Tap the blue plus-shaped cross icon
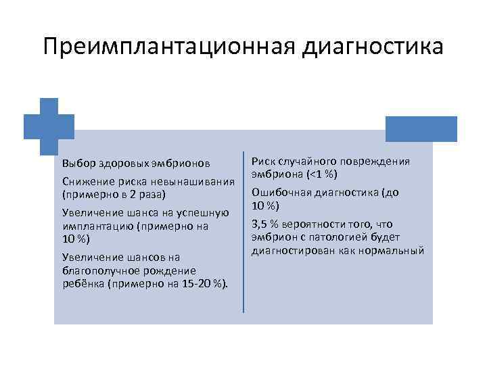click(49, 126)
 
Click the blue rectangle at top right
click(421, 128)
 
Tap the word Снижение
click(86, 181)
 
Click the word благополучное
click(99, 270)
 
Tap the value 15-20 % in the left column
click(202, 283)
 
